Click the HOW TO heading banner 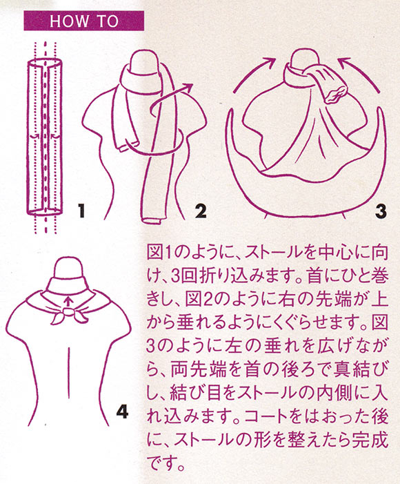pos(84,21)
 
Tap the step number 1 pos(81,211)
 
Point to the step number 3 pos(381,211)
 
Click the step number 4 pos(122,411)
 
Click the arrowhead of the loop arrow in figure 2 pos(188,87)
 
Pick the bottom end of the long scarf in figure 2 pos(152,220)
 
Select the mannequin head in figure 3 pos(303,59)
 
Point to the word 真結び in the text pos(359,371)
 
